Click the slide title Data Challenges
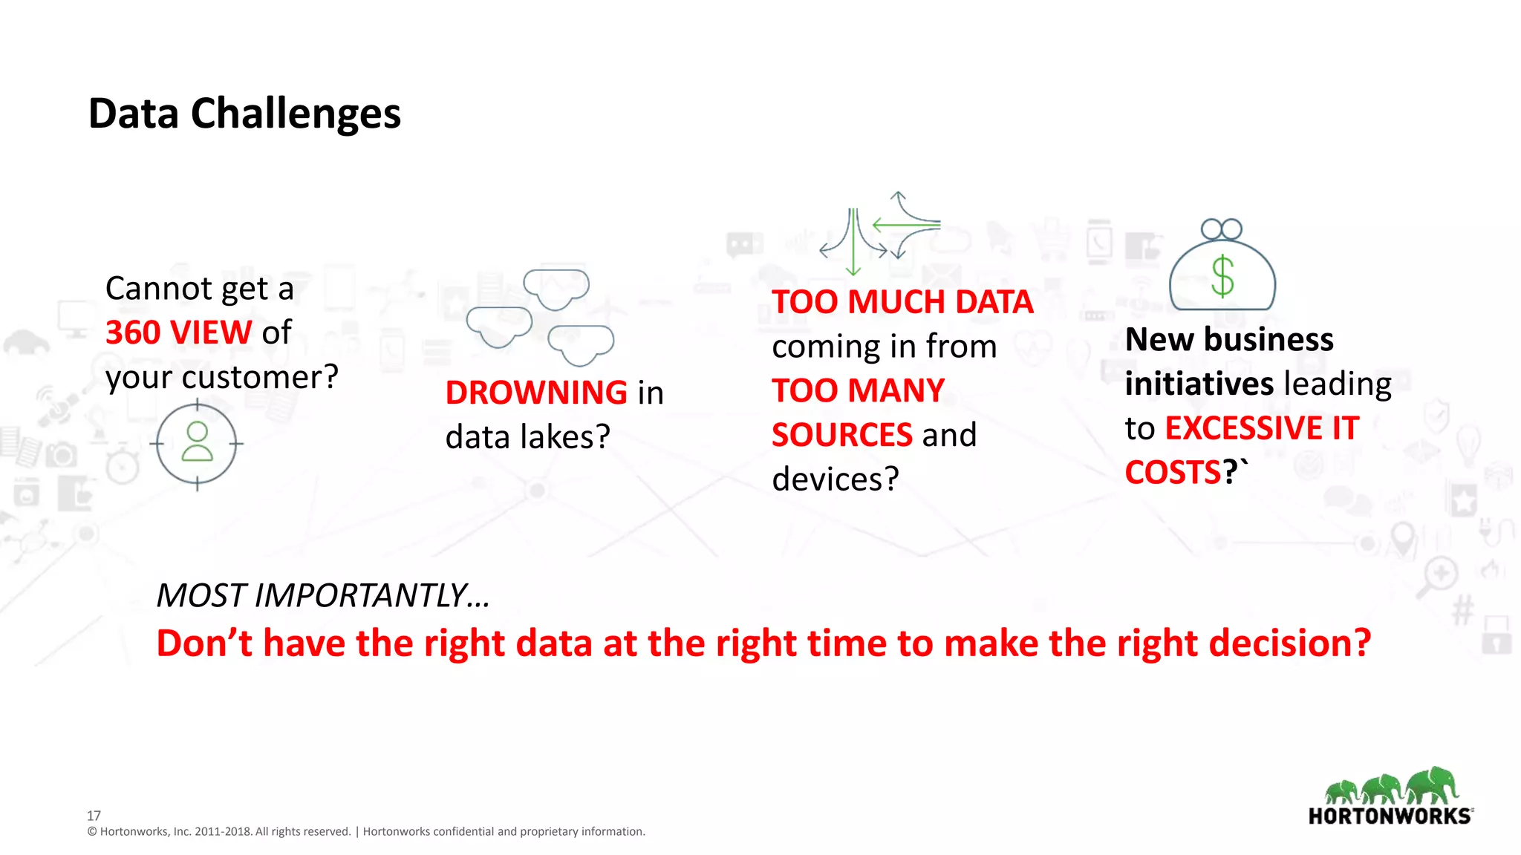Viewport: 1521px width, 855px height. click(x=244, y=114)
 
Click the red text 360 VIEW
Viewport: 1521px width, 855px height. click(x=178, y=332)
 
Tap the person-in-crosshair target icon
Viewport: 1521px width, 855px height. click(x=197, y=444)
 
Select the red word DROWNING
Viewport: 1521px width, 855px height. click(x=536, y=393)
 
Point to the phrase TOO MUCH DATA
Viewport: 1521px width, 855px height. click(x=902, y=302)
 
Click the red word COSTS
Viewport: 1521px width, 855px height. click(x=1173, y=473)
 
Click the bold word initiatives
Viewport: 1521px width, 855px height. click(x=1199, y=384)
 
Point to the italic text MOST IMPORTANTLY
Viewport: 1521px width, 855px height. click(x=322, y=595)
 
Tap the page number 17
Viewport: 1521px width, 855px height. click(x=94, y=815)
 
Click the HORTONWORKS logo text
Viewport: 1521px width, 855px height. click(x=1389, y=816)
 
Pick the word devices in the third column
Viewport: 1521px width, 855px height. click(x=835, y=479)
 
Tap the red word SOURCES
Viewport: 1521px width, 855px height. click(x=841, y=435)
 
